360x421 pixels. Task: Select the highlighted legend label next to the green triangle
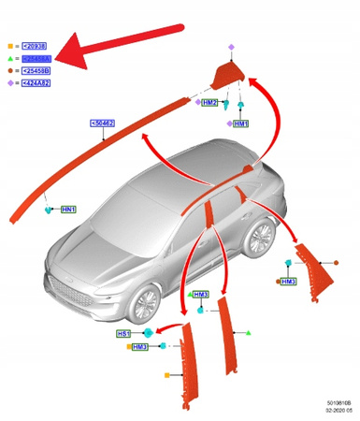33,57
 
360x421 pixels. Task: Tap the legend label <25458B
33,69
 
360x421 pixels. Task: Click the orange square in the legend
9,45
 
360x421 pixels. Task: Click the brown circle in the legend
9,69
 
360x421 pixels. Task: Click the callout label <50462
104,123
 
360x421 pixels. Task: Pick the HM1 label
241,123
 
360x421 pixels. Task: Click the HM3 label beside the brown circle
289,281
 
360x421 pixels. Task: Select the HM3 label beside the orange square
140,347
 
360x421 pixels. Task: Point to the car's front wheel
145,303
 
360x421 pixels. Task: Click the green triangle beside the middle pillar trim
251,332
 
